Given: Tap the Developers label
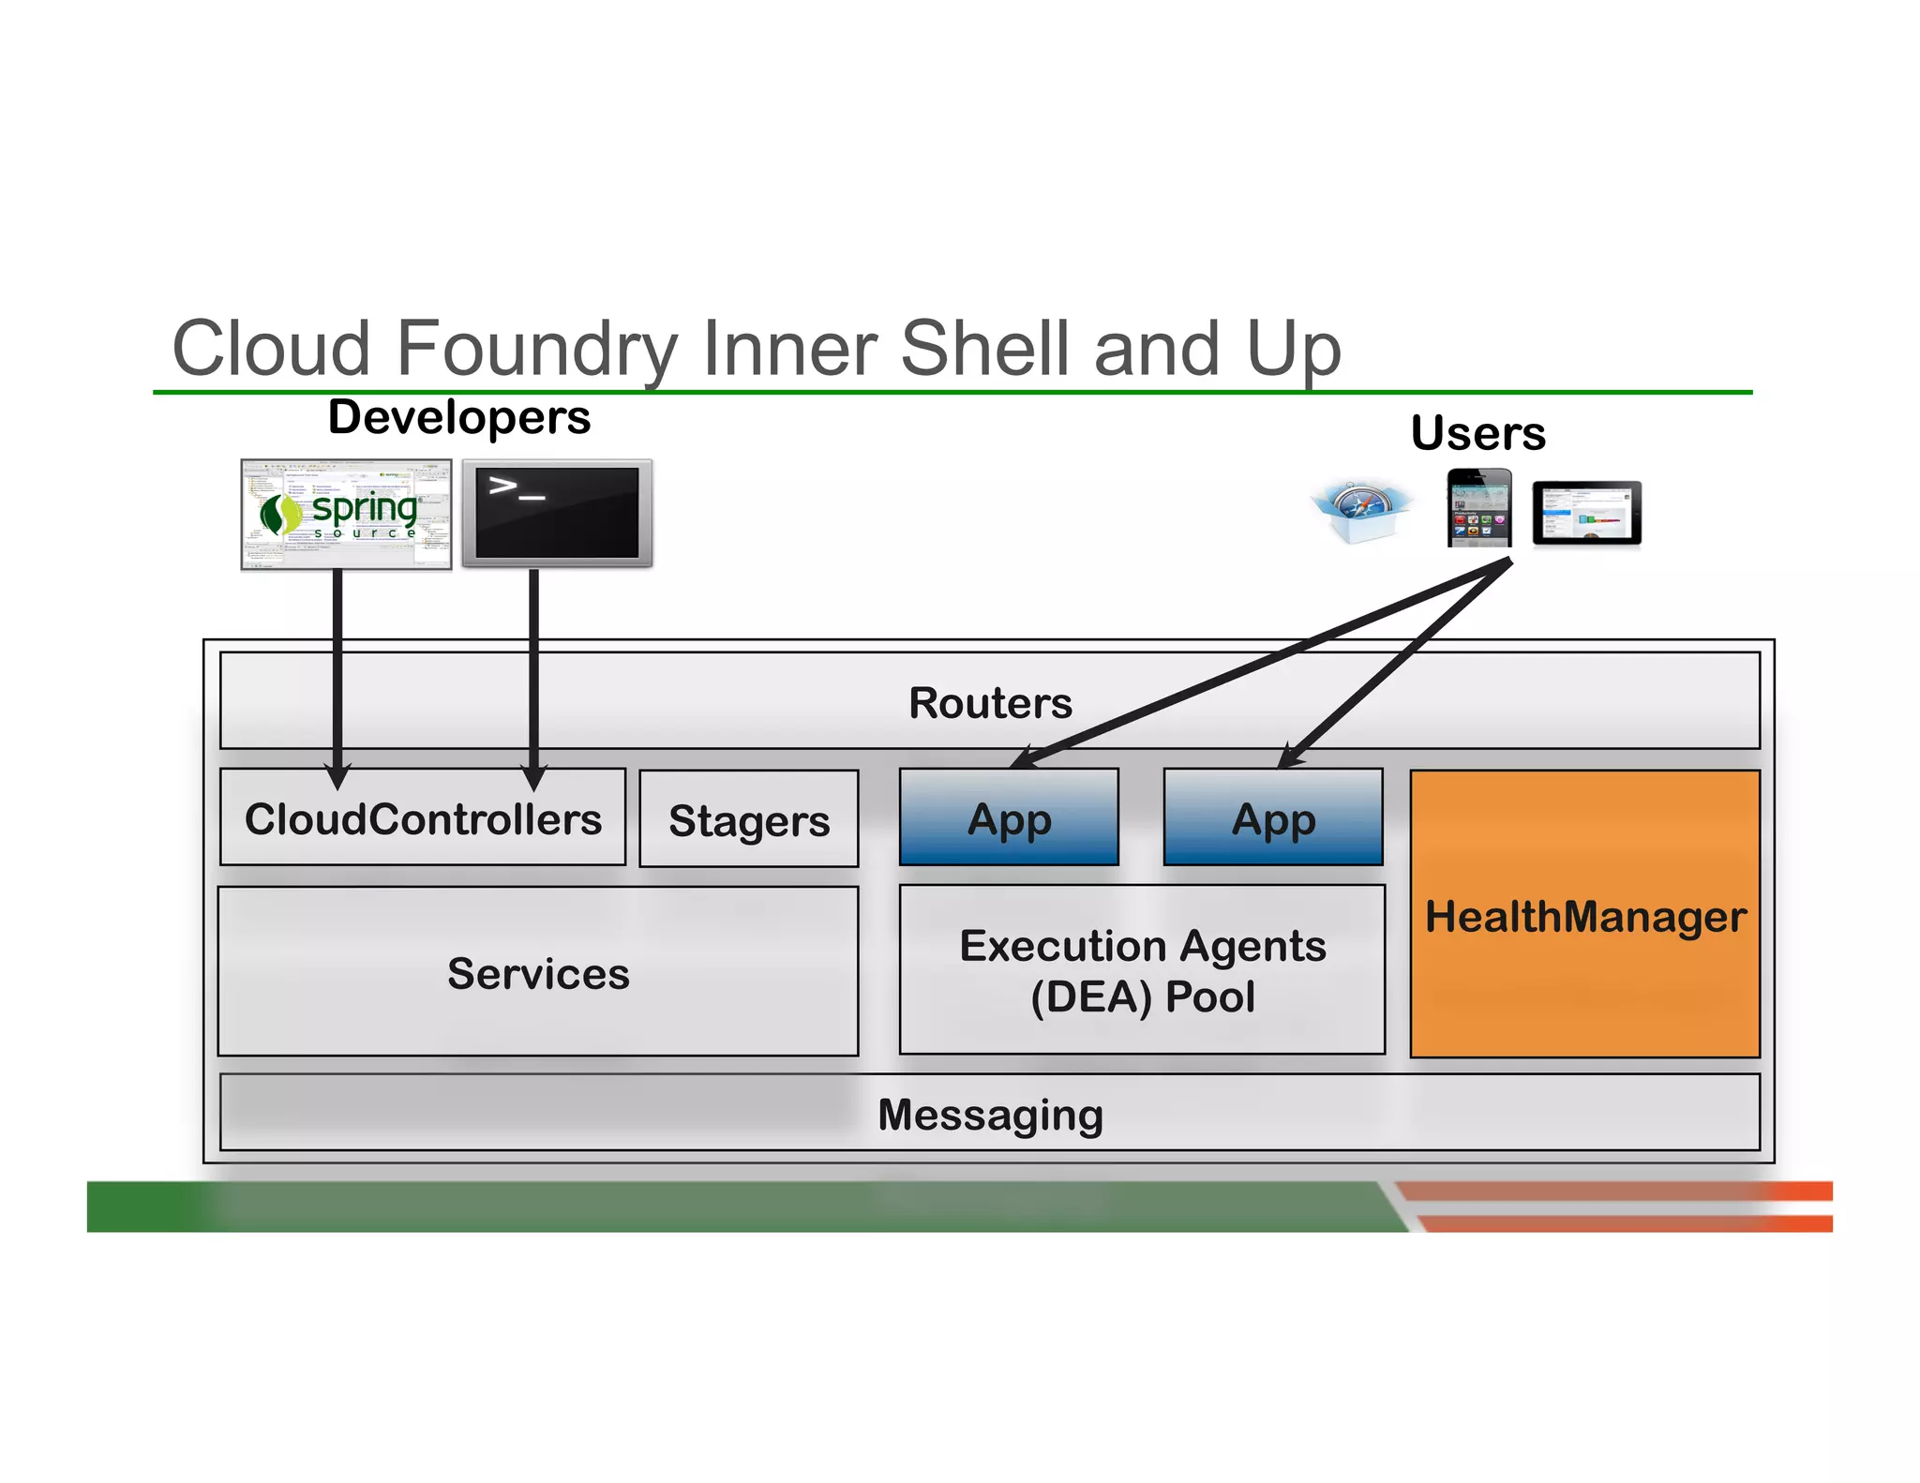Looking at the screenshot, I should (458, 417).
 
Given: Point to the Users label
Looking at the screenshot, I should (1477, 433).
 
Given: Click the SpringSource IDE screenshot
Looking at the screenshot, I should (346, 514).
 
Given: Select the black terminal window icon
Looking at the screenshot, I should (557, 513).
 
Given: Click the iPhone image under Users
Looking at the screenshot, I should (1478, 508).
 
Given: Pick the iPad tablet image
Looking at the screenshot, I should (1586, 513).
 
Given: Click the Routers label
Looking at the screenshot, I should (990, 703).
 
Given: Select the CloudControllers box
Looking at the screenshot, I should (423, 818).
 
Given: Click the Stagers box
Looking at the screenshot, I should (748, 820).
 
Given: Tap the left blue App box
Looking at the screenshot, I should (1009, 818).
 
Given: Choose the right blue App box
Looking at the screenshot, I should (1272, 818).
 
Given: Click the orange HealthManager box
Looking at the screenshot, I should (1584, 915).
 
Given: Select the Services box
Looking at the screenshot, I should (538, 972).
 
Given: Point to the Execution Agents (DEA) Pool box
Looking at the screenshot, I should (1142, 970).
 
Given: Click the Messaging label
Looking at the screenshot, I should (990, 1115).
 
